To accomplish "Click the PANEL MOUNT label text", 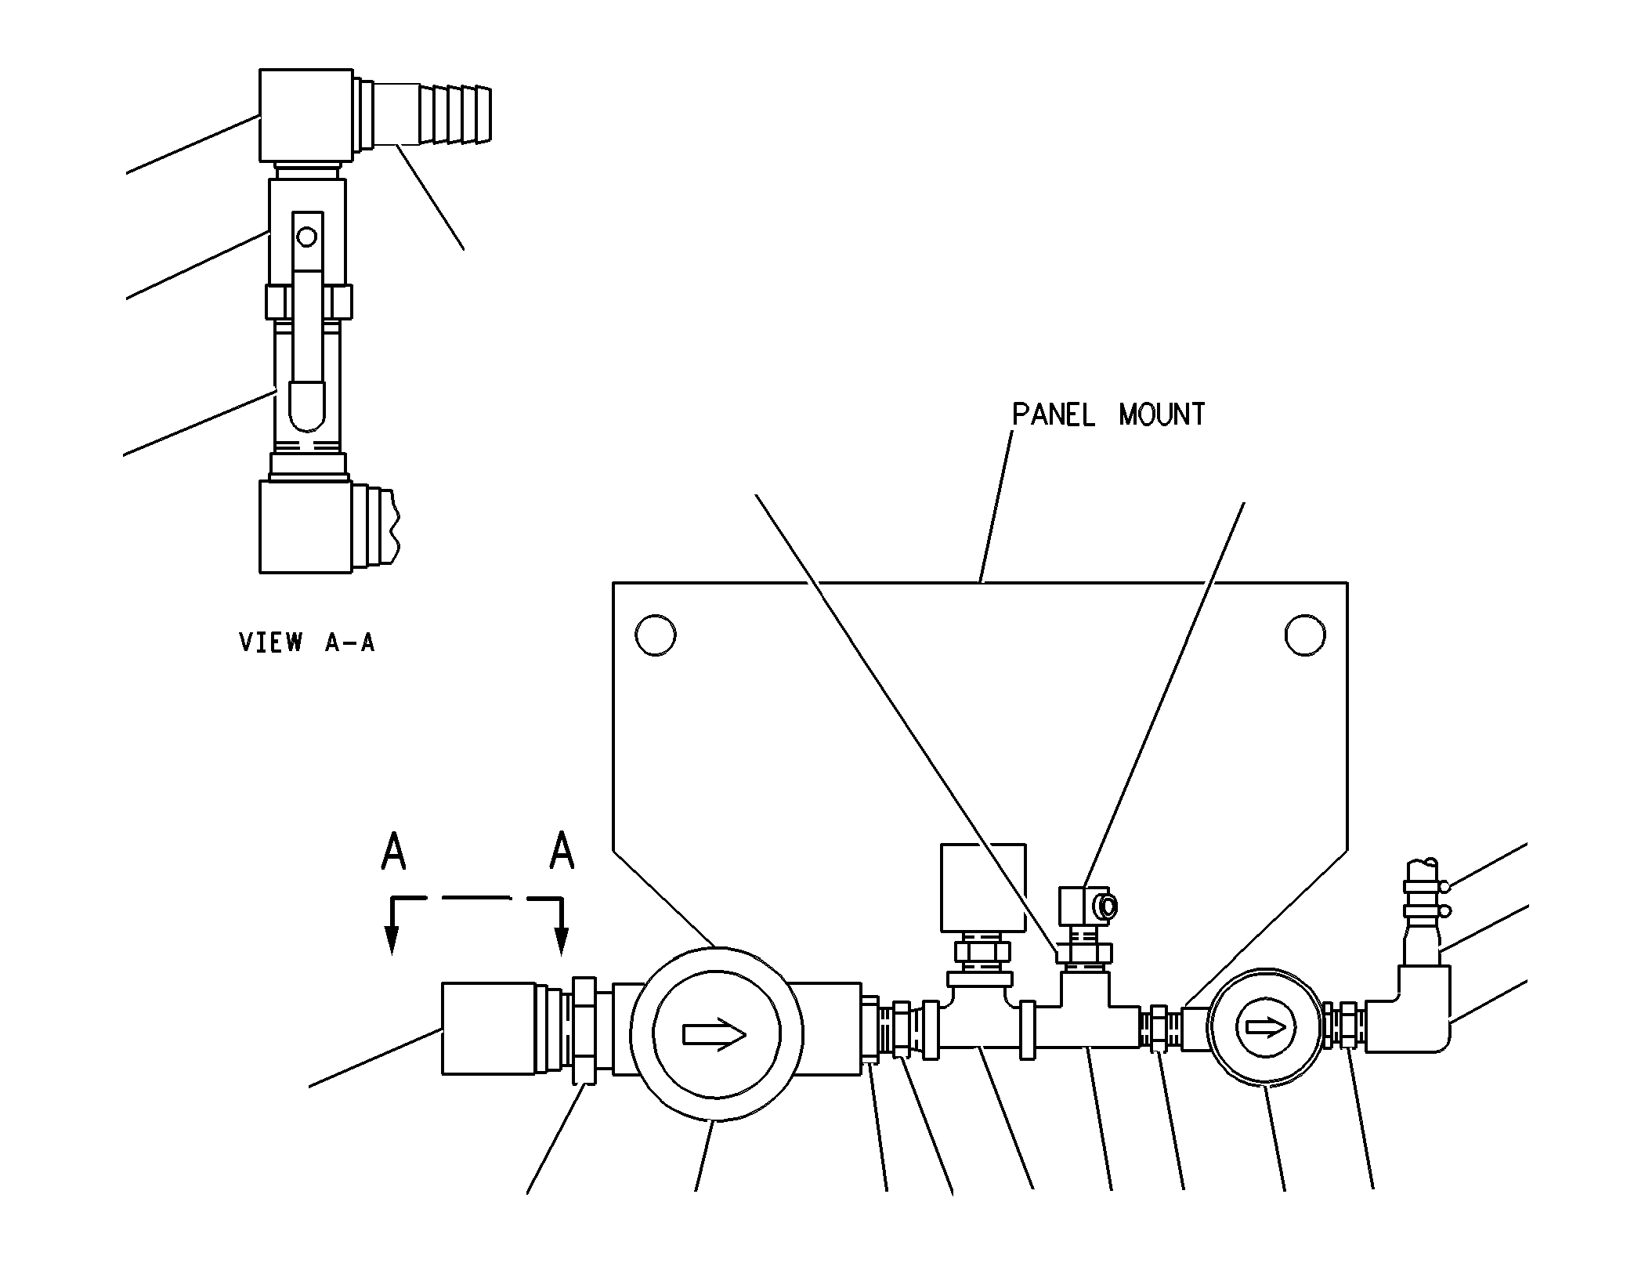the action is click(x=1108, y=414).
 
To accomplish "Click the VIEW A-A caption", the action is click(x=307, y=642).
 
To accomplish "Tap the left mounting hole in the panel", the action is click(x=656, y=635).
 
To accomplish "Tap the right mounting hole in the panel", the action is click(x=1305, y=635).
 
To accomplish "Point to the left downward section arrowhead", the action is click(x=392, y=940).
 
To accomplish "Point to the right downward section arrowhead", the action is click(x=561, y=940).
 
